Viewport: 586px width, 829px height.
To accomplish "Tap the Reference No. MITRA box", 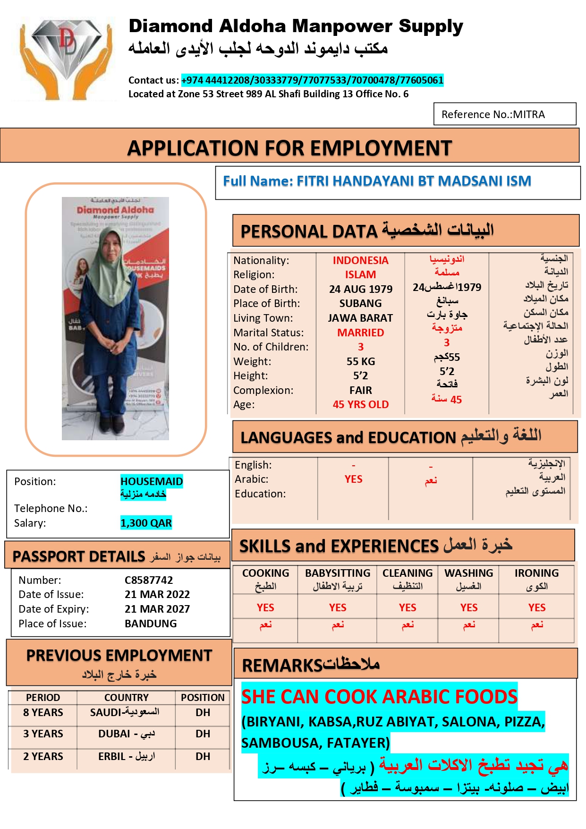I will [x=504, y=114].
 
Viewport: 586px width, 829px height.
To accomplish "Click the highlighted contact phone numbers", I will [x=312, y=80].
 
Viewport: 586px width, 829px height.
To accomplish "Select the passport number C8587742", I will [x=149, y=580].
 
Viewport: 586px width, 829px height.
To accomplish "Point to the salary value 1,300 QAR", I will [x=146, y=523].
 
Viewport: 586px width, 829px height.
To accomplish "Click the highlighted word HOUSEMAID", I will [x=152, y=481].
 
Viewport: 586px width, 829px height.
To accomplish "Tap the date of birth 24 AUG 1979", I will [x=361, y=289].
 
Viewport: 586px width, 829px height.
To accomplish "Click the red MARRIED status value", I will [x=361, y=333].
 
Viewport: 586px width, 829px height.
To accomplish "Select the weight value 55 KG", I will [x=361, y=361].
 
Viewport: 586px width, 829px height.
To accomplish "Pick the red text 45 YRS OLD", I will [x=361, y=405].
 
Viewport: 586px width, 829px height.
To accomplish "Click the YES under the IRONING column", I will [x=537, y=607].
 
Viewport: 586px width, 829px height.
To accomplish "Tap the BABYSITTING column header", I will [x=338, y=573].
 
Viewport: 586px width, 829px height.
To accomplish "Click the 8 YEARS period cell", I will [x=43, y=712].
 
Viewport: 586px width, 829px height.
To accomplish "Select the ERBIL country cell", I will [x=126, y=756].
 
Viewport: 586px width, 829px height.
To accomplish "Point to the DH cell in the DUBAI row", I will [x=203, y=734].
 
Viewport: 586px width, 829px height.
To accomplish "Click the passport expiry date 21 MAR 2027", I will [x=157, y=609].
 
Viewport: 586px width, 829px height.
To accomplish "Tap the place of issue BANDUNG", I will [x=151, y=624].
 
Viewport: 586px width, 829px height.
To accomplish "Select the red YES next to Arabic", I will [x=353, y=479].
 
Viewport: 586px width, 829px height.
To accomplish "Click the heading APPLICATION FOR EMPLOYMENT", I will [x=289, y=148].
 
